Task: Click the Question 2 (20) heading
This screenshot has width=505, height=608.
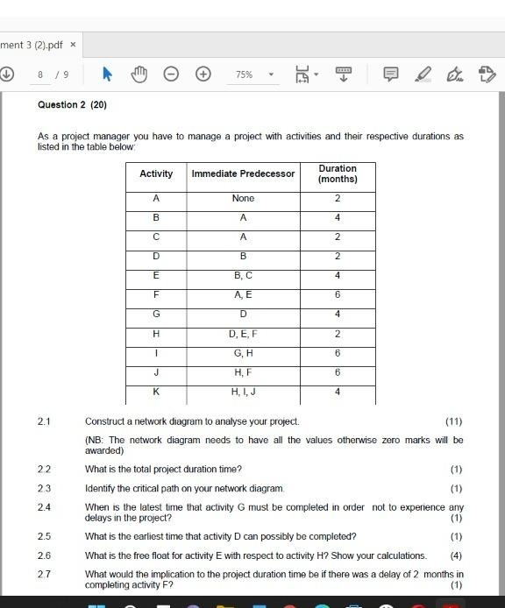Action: [72, 104]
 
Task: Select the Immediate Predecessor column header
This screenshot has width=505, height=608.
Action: [243, 173]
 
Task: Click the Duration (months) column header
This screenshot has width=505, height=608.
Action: [338, 173]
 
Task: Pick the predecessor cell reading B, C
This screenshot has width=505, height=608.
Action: [243, 275]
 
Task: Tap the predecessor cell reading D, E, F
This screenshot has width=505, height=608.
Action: [243, 334]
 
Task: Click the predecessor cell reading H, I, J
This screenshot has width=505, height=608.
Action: [243, 392]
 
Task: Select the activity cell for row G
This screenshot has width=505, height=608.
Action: [156, 314]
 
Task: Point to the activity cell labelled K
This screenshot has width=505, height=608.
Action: [156, 392]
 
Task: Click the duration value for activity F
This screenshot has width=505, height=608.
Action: [338, 295]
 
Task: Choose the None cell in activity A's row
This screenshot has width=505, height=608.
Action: [243, 198]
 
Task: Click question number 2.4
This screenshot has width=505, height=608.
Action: [44, 507]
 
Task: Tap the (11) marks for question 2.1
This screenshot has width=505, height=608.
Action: [454, 421]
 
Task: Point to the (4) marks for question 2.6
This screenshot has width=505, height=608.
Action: [456, 555]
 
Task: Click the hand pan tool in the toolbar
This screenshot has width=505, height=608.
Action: [139, 74]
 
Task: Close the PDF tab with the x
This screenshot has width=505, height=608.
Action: [73, 44]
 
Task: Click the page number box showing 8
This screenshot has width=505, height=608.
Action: [40, 74]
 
